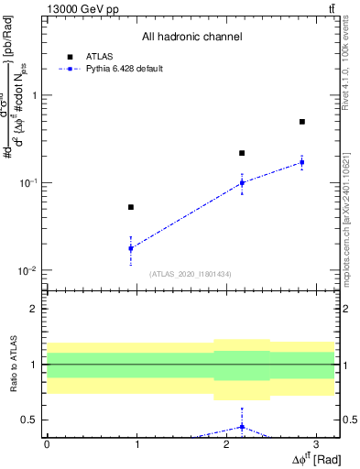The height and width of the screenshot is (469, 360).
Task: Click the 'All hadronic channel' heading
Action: tap(191, 38)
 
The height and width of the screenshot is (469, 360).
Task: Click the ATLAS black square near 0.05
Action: tap(131, 207)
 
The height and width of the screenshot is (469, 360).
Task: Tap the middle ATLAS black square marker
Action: tap(242, 153)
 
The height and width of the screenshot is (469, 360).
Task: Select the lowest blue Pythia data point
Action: tap(131, 248)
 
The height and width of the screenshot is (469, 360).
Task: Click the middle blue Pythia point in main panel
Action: tap(242, 182)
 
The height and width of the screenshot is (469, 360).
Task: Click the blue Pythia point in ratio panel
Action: tap(242, 426)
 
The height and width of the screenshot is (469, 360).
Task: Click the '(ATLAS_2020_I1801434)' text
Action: tap(191, 274)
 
